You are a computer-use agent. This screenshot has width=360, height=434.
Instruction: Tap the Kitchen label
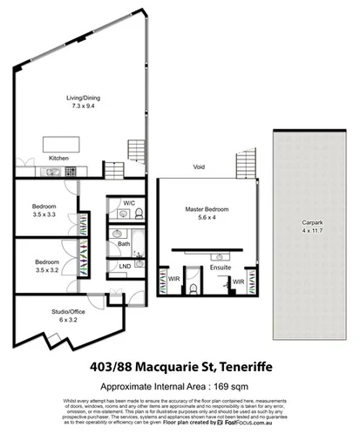tap(58, 158)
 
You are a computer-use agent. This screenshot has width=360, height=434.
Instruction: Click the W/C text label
tap(128, 203)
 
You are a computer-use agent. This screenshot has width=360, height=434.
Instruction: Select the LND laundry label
tap(125, 266)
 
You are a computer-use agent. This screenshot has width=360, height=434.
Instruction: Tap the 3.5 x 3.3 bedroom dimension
tap(45, 214)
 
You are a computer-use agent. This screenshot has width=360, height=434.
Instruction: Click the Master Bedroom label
tap(205, 209)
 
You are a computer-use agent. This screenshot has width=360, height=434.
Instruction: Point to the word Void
tap(200, 167)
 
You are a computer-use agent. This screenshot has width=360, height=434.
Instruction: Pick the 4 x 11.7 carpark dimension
tap(304, 229)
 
